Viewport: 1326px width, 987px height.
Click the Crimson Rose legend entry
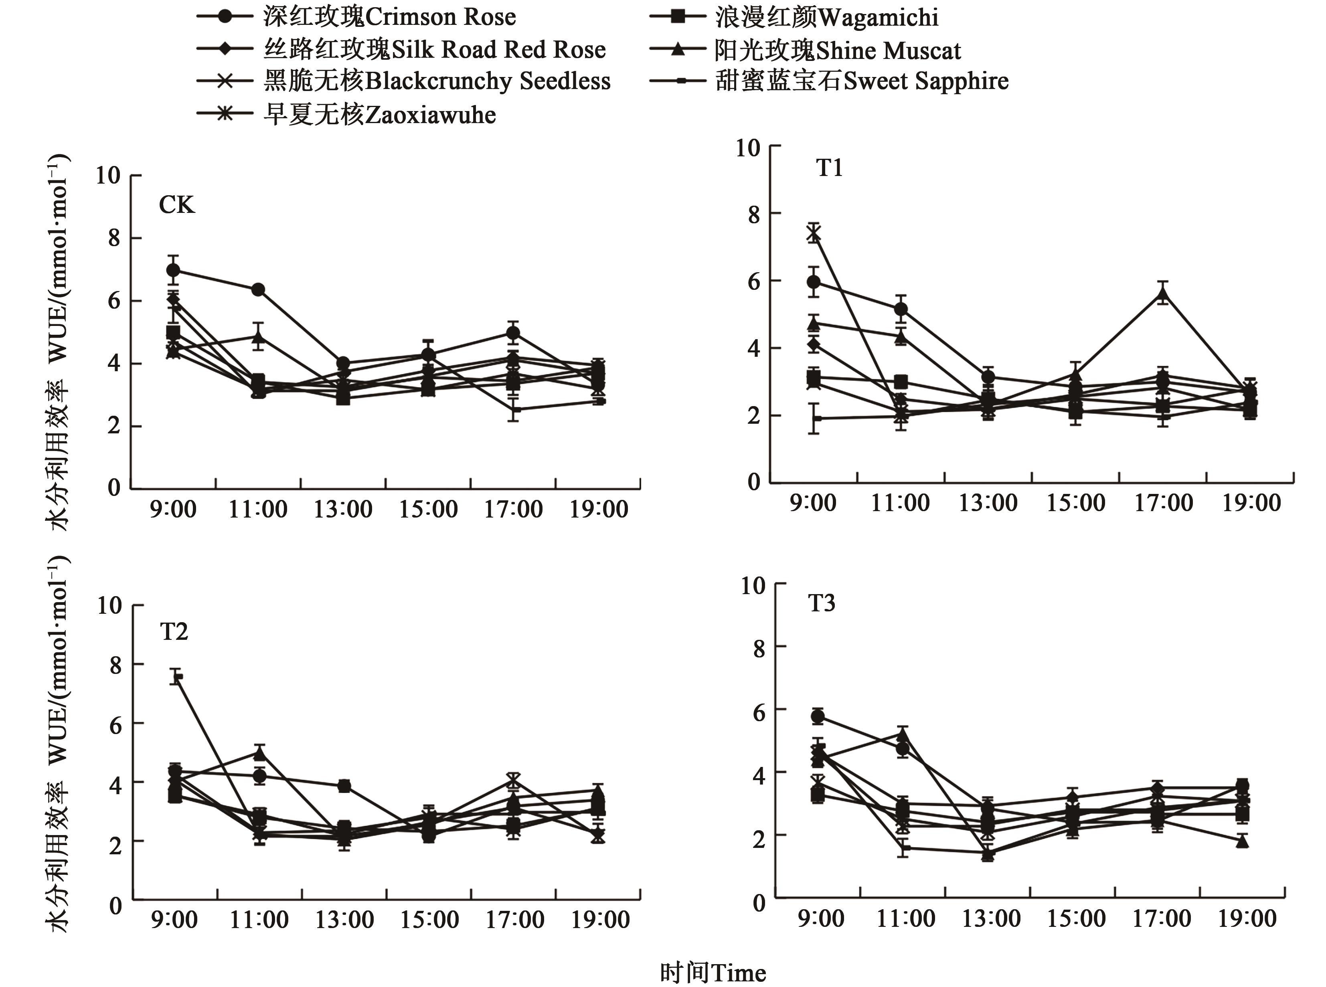389,17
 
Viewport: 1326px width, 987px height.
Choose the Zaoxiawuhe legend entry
379,115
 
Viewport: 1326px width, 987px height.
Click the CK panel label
176,205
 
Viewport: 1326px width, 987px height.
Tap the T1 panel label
830,168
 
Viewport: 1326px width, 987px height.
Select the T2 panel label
174,631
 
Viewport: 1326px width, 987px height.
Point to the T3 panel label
822,603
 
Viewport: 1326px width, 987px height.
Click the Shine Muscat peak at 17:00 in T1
1163,294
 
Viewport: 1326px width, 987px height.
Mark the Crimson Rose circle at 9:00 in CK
173,270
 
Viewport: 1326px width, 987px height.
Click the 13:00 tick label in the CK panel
343,510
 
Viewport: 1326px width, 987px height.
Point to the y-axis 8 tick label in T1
754,214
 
